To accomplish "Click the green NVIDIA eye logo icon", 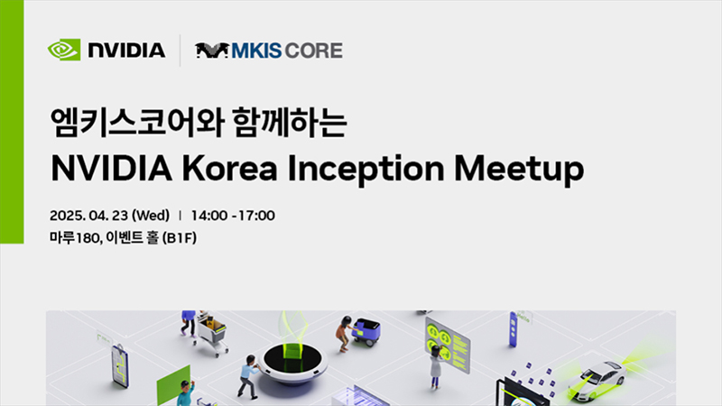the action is tap(64, 50).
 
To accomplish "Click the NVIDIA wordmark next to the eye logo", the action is tap(126, 51).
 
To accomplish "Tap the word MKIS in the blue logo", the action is tap(256, 51).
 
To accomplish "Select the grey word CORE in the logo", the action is tap(314, 51).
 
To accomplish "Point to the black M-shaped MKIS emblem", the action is tap(212, 51).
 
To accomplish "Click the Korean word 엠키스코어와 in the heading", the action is tap(137, 123).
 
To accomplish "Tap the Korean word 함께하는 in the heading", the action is tap(290, 122).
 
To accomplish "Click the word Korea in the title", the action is tap(230, 169).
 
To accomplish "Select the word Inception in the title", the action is tap(366, 170).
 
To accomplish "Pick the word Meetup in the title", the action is tap(519, 170).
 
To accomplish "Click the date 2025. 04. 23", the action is tap(88, 216).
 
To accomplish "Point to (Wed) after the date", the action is tap(151, 216).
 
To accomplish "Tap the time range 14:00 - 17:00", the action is tap(233, 216).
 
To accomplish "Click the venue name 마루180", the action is tap(75, 237).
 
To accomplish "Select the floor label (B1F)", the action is tap(180, 238).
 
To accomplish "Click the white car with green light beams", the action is tap(597, 379).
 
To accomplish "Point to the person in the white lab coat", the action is tap(436, 367).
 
